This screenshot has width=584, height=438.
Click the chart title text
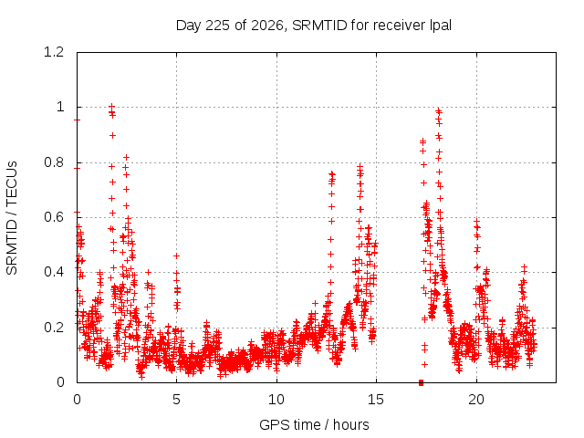click(x=314, y=26)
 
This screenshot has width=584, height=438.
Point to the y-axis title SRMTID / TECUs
click(x=12, y=218)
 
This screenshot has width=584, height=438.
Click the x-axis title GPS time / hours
click(x=314, y=424)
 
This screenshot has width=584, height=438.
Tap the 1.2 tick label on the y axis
click(x=54, y=52)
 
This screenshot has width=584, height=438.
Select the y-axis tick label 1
click(x=60, y=108)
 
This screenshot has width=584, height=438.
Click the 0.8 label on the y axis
click(x=54, y=162)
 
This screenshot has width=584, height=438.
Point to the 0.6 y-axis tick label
click(x=54, y=217)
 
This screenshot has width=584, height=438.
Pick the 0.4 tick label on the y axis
click(x=54, y=272)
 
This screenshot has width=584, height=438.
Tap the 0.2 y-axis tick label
click(x=54, y=328)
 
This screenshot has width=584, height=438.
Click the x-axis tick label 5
click(x=176, y=400)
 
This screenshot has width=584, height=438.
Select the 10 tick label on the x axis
click(x=276, y=400)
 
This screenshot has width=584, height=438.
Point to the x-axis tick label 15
click(x=376, y=400)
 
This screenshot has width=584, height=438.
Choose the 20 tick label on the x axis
click(x=476, y=400)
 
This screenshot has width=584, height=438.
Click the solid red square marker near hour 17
click(x=422, y=382)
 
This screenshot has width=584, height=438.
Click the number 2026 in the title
click(x=267, y=26)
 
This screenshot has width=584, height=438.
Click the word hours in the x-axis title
click(x=350, y=424)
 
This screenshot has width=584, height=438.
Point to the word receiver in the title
click(x=399, y=26)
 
